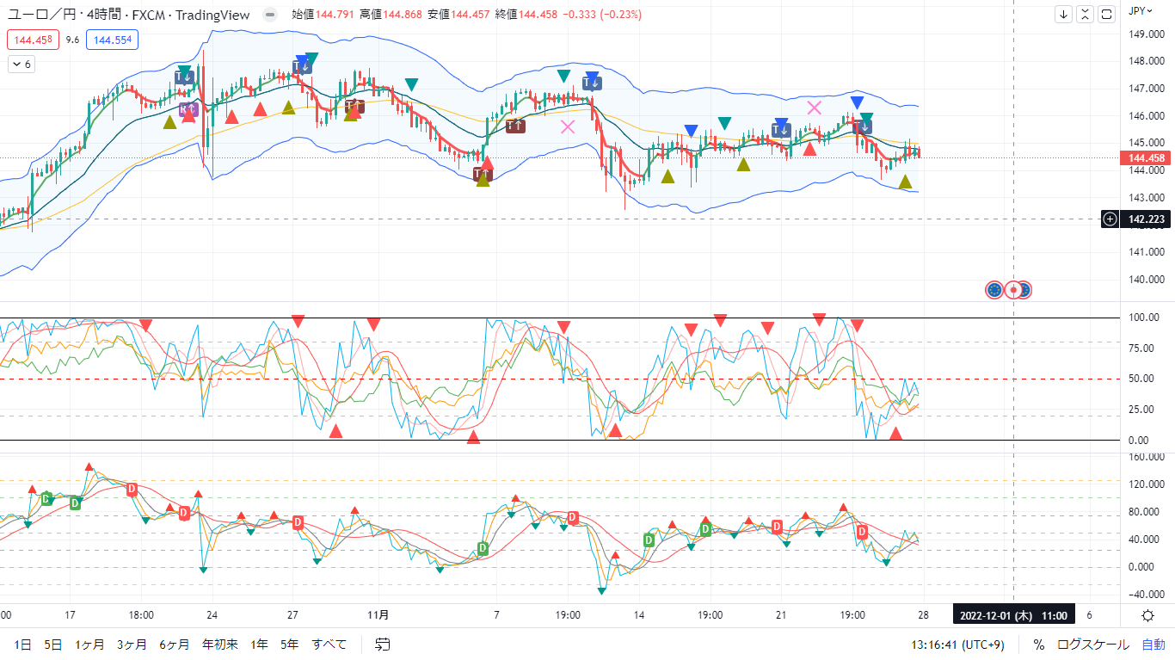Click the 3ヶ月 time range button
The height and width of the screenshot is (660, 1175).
coord(132,644)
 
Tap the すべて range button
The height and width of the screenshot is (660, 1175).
coord(329,644)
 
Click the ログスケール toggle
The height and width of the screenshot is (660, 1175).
coord(1093,644)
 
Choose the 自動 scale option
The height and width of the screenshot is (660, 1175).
coord(1153,644)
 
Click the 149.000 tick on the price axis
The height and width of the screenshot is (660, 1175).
coord(1146,34)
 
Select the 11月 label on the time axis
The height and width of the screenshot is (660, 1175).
coord(377,615)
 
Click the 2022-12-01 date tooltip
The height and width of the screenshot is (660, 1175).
coord(1012,615)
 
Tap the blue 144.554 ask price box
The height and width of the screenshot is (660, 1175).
coord(113,40)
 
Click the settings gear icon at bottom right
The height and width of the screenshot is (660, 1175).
coord(1148,615)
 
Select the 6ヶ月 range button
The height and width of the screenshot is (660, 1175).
coord(175,644)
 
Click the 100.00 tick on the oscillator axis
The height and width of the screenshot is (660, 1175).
coord(1144,318)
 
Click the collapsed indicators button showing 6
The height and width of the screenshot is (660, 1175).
coord(22,65)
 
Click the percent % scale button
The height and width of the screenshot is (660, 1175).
coord(1039,644)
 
